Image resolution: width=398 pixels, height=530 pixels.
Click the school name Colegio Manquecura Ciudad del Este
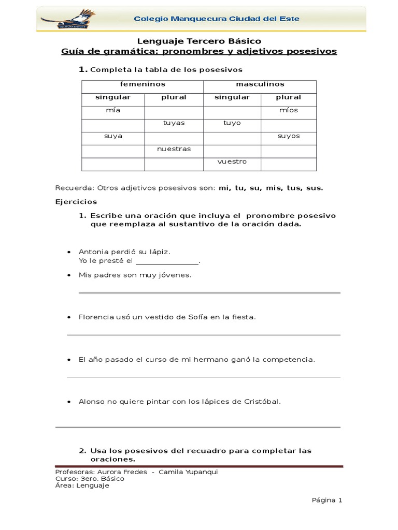click(x=216, y=19)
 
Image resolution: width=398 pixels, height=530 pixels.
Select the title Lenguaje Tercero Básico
click(x=199, y=41)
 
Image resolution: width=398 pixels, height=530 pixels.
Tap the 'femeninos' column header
click(x=143, y=84)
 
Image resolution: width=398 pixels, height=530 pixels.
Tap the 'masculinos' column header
click(x=260, y=84)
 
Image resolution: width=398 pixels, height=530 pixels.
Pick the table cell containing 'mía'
click(x=113, y=110)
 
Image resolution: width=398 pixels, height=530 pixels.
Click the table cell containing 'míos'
click(x=288, y=110)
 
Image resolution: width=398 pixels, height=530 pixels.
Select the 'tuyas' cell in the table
click(x=174, y=123)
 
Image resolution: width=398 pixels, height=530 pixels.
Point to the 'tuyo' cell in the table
click(x=232, y=123)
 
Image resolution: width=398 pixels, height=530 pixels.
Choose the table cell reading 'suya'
click(x=113, y=136)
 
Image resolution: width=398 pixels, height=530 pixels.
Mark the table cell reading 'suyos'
click(x=288, y=136)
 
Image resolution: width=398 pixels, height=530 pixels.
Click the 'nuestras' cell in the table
click(x=174, y=149)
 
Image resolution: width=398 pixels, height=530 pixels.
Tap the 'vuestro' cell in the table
click(x=232, y=161)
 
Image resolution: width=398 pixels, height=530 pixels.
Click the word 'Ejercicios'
click(x=76, y=202)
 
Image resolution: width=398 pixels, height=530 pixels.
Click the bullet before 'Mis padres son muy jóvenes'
click(x=69, y=275)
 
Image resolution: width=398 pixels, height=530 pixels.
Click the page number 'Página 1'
click(x=326, y=500)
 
